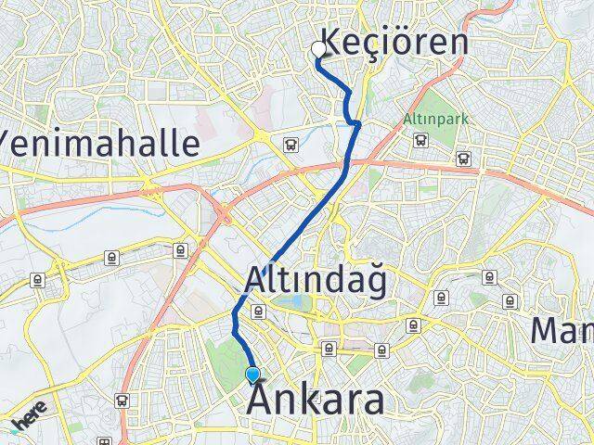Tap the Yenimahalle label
point(100,143)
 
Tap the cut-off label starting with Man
point(562,329)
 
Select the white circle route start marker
point(320,49)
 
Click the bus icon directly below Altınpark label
point(420,140)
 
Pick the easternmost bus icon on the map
point(462,159)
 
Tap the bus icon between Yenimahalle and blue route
point(291,145)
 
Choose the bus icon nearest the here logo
point(123,400)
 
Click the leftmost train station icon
point(38,278)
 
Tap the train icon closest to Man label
point(509,300)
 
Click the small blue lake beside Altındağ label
point(295,301)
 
